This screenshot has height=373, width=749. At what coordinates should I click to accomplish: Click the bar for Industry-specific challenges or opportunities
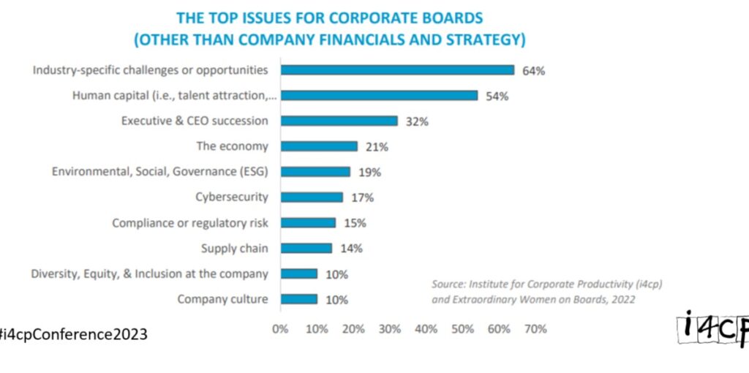pos(397,70)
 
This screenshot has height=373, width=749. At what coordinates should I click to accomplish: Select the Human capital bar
pos(379,95)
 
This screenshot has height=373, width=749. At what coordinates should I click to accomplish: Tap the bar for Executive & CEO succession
pos(339,121)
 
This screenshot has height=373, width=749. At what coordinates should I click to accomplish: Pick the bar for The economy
pos(319,146)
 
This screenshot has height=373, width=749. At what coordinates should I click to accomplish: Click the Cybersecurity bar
pos(312,197)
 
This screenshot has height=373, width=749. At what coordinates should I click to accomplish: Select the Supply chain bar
pos(306,248)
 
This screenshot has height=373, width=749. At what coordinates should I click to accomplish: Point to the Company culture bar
pos(298,298)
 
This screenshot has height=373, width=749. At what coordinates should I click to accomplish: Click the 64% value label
pos(533,71)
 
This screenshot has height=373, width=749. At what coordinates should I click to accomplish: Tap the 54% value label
pos(497,96)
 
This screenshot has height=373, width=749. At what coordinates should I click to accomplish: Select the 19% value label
pos(370,172)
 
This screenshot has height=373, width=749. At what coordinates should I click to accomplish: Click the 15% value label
pos(355,223)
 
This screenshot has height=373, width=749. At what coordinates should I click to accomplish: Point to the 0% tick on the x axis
pos(280,329)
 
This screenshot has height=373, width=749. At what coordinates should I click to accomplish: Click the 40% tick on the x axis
pos(426,329)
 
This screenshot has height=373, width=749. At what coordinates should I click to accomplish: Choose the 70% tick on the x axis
pos(535,329)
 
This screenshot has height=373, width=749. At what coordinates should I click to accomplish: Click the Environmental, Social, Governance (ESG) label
pos(159,172)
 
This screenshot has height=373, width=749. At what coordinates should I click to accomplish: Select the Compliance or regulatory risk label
pos(189,223)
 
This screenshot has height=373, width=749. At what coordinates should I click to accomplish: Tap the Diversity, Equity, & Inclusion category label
pos(149,274)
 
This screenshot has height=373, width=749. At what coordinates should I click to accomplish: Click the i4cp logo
pos(712,328)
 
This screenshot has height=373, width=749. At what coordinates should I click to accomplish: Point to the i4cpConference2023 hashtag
pos(73,334)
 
